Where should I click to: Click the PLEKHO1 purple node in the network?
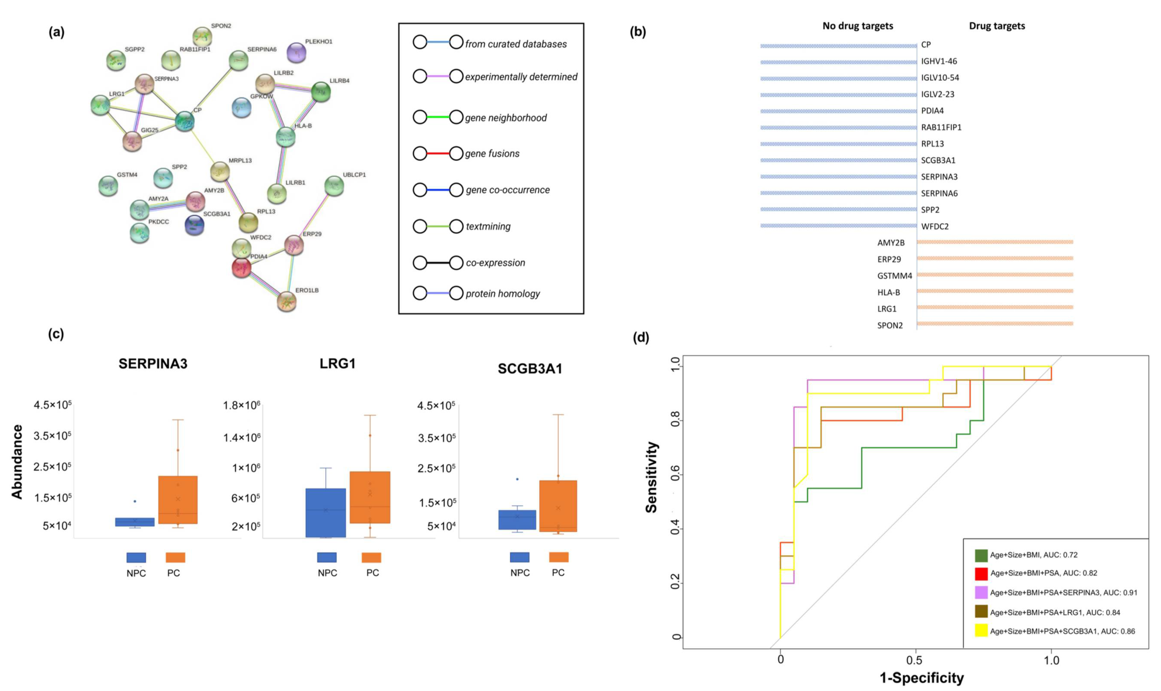[x=296, y=53]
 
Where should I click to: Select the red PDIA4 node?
[x=241, y=268]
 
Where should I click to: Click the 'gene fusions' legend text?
[x=492, y=154]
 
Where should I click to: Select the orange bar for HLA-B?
[x=995, y=291]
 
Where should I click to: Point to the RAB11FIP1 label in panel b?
[x=941, y=127]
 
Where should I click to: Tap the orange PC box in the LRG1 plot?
[x=370, y=497]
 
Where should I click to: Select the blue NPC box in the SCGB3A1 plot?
[x=517, y=520]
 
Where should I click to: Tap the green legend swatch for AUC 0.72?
[x=981, y=555]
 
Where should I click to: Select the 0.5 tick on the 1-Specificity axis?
[x=915, y=660]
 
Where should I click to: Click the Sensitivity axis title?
[x=652, y=477]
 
